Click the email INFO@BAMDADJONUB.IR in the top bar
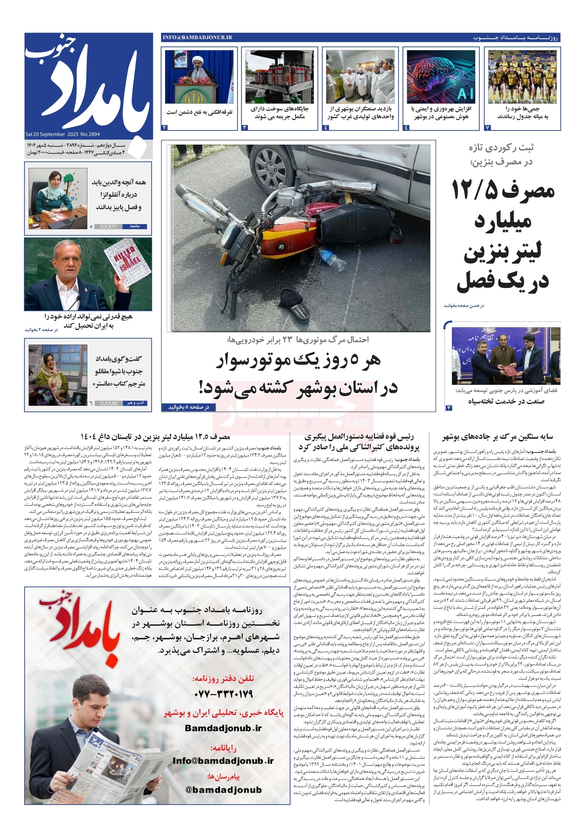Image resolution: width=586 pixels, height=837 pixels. (x=197, y=38)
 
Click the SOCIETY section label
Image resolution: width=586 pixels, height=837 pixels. (x=109, y=227)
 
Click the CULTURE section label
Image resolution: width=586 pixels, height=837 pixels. (x=109, y=403)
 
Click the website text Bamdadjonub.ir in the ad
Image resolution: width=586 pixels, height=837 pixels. (x=223, y=728)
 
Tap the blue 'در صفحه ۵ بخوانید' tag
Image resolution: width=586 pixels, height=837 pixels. (x=189, y=407)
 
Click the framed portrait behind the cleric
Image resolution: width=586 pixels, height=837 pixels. (x=181, y=60)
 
